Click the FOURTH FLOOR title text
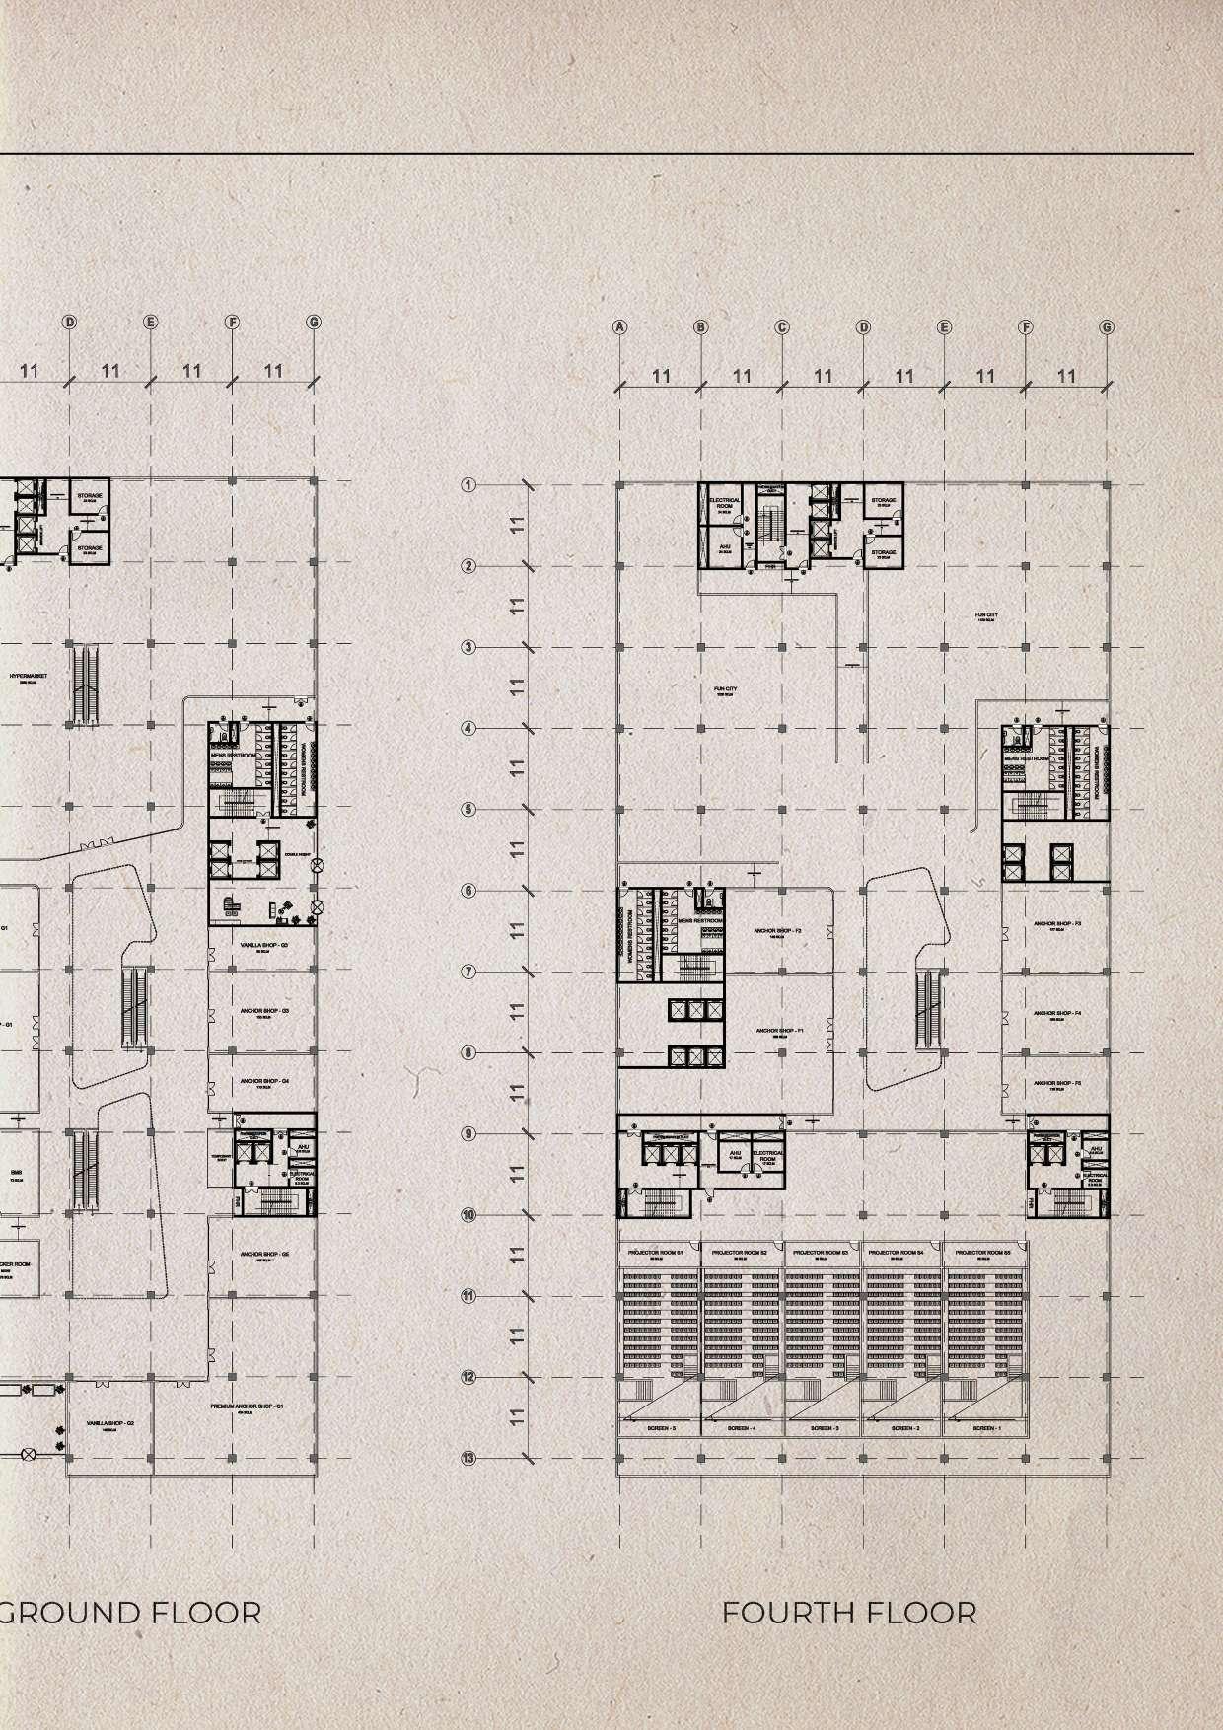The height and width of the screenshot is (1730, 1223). click(x=849, y=1614)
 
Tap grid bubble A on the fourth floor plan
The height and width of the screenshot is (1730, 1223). click(x=620, y=327)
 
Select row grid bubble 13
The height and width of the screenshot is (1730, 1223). click(x=468, y=1458)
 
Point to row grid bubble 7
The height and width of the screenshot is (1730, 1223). click(x=468, y=973)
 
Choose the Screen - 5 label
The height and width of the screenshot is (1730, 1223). click(x=661, y=1428)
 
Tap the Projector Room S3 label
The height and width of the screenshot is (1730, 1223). click(x=822, y=1252)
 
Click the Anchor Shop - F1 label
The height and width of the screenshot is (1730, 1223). click(x=779, y=1031)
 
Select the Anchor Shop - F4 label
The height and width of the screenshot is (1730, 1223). click(x=1057, y=1013)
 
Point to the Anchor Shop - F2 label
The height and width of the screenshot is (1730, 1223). click(x=777, y=931)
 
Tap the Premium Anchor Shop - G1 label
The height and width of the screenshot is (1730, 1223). click(x=247, y=1406)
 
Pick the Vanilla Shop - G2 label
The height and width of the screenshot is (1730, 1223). click(x=110, y=1424)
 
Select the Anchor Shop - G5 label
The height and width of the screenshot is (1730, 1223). click(x=263, y=1255)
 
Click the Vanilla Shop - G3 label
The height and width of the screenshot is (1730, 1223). click(x=263, y=945)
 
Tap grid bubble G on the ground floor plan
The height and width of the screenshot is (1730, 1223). click(x=314, y=323)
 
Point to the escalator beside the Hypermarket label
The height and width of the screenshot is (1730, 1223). click(x=84, y=681)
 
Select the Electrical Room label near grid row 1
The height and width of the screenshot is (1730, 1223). click(x=725, y=503)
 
